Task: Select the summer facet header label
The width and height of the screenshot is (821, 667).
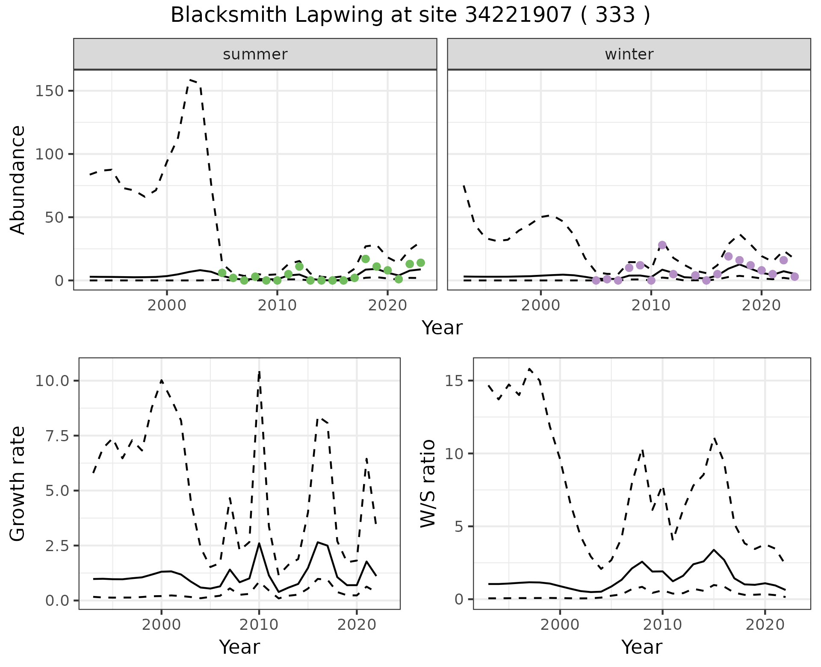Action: tap(255, 54)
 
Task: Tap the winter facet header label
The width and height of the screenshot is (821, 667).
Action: tap(629, 54)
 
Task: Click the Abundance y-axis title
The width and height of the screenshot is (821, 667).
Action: tap(18, 180)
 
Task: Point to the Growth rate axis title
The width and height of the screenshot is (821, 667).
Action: tap(18, 484)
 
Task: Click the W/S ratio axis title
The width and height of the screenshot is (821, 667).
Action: tap(428, 484)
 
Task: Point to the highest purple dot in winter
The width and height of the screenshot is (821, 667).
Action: tap(662, 245)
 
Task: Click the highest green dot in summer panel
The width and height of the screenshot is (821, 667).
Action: tap(365, 259)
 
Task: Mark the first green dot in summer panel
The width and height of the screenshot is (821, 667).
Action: tap(222, 273)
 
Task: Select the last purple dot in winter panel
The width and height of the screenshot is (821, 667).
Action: tap(794, 277)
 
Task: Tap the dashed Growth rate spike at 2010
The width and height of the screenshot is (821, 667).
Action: tap(259, 372)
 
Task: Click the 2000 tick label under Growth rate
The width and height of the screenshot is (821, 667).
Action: tap(161, 625)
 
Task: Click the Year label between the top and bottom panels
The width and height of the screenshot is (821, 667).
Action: tap(442, 328)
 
